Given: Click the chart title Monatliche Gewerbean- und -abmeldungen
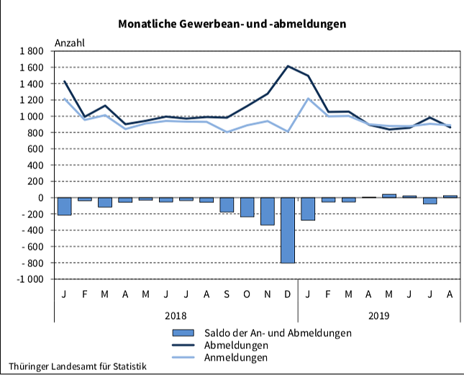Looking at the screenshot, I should click(232, 24).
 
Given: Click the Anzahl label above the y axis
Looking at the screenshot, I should click(69, 42).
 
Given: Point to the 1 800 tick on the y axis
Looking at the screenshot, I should click(32, 51).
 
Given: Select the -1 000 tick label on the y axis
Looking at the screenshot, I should click(29, 279).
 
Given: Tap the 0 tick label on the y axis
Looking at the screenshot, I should click(42, 198).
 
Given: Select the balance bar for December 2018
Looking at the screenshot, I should click(288, 230).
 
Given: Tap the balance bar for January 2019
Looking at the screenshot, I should click(309, 209).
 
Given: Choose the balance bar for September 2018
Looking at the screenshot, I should click(227, 205).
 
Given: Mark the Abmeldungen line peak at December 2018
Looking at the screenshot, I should click(288, 66).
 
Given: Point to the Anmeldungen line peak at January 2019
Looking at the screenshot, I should click(309, 99).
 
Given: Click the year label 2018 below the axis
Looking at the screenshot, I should click(176, 315).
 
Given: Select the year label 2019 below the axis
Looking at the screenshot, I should click(379, 315).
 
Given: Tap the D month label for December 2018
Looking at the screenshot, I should click(288, 295).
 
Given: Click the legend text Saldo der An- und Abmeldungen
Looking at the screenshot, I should click(278, 333).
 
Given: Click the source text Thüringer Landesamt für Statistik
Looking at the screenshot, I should click(78, 366).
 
